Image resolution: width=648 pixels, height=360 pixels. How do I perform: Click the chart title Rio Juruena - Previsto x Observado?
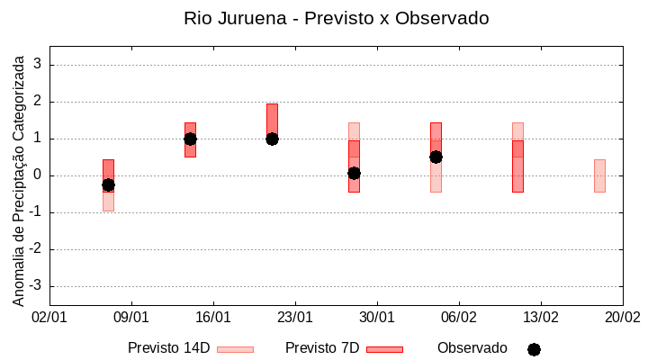pos(336,18)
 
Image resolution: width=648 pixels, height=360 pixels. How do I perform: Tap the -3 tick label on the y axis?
pos(36,286)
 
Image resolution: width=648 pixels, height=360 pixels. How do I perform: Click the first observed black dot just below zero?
pos(108,184)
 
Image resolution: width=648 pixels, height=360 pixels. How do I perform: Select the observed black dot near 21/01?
pos(272,139)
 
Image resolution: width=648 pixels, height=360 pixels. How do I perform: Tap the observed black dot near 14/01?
pos(190,139)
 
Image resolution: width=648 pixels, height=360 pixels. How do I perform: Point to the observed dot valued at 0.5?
pos(436,157)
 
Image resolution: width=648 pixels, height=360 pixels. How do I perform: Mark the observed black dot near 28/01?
pos(354,173)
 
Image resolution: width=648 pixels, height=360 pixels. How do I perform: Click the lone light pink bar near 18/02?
pos(599,175)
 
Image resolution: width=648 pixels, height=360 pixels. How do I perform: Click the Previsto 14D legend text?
pos(168,348)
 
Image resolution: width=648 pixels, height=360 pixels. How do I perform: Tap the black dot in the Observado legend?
pos(534,349)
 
